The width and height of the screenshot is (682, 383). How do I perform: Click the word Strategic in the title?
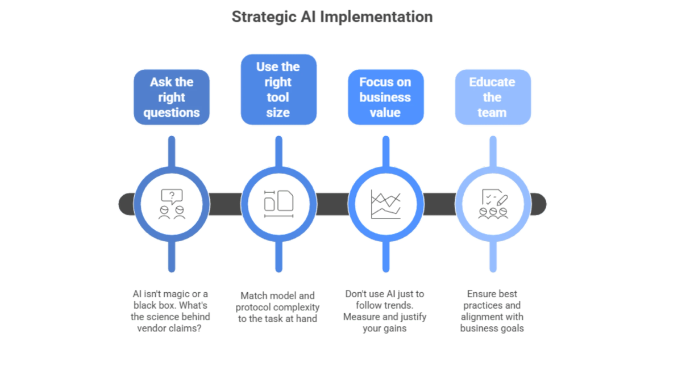click(264, 17)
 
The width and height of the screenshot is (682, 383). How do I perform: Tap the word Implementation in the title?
click(376, 17)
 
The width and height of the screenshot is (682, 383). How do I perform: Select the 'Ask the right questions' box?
click(172, 97)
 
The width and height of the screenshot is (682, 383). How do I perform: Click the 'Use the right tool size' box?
click(278, 90)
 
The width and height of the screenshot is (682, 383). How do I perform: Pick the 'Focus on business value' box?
click(386, 97)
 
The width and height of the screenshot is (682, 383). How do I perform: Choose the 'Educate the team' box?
click(493, 97)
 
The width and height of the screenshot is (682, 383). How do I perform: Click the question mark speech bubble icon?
click(172, 197)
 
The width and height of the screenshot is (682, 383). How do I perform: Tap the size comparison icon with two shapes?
click(278, 204)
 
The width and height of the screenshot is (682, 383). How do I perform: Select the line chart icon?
click(386, 204)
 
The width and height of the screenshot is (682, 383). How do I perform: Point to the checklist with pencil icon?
click(495, 197)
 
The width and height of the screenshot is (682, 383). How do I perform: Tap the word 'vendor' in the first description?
click(152, 329)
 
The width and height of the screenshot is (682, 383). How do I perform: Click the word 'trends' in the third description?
click(398, 305)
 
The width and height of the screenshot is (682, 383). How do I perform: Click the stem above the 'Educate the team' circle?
click(493, 151)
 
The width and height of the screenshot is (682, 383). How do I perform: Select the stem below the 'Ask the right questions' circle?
click(172, 256)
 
